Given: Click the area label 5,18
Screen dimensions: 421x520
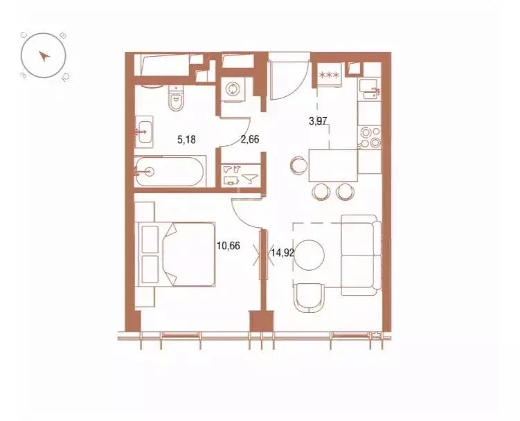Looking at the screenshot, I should coord(187,139).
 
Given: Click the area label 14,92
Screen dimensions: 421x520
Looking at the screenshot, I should coord(283,253).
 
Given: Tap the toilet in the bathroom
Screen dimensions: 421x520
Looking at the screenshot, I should coord(177,98).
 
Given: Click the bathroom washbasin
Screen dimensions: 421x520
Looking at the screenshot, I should coord(144,131).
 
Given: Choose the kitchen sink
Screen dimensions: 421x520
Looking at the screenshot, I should coord(370,89).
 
